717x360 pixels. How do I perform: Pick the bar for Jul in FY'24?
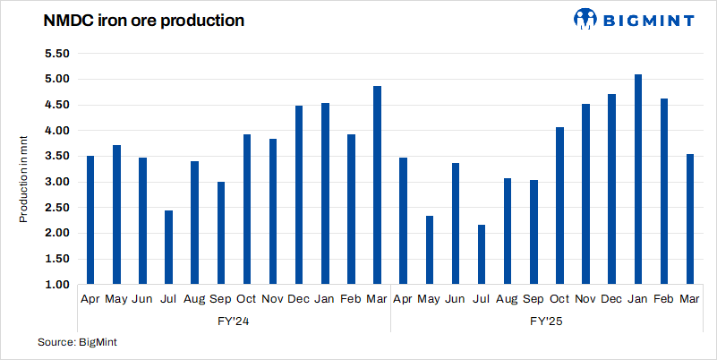pos(169,247)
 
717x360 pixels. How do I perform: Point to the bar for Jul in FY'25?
pos(482,254)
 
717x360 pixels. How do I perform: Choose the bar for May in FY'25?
pos(430,250)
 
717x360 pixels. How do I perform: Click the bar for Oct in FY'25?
pos(559,206)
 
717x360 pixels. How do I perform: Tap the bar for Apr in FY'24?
pos(90,220)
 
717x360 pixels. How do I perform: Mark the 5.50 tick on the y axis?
pos(56,53)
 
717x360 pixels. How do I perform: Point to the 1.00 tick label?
pos(56,285)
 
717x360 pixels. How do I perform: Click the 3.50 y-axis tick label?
pos(56,156)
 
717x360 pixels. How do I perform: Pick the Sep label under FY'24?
pos(221,298)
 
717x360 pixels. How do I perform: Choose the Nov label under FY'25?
pos(585,298)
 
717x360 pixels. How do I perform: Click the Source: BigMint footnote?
pos(78,342)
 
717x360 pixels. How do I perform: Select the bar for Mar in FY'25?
pos(689,219)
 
